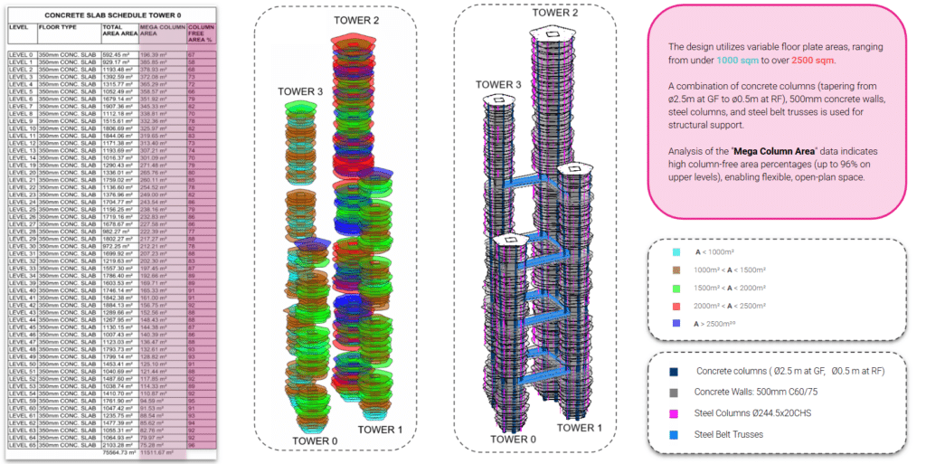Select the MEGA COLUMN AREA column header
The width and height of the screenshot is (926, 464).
tap(158, 33)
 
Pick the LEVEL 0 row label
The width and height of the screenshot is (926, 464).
tap(21, 54)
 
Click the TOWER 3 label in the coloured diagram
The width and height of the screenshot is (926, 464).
tap(300, 91)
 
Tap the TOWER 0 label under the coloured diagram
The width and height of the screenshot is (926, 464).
tap(316, 440)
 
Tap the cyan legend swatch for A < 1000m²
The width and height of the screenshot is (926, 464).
tap(676, 252)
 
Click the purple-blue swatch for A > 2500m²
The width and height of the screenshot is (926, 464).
tap(676, 323)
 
